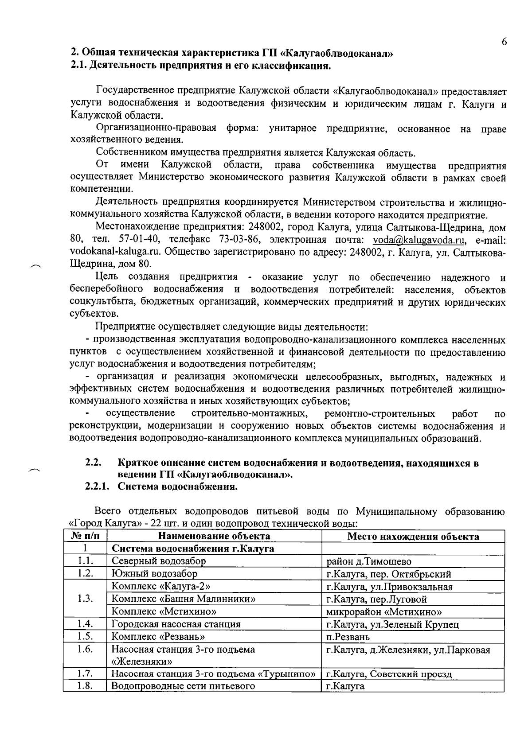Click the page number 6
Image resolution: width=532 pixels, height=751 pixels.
tap(504, 42)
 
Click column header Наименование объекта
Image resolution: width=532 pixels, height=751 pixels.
tap(214, 537)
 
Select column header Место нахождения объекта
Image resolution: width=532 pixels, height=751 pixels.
tap(413, 537)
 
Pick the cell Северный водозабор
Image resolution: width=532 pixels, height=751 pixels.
tap(159, 561)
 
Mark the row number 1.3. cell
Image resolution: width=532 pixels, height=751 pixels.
tap(85, 599)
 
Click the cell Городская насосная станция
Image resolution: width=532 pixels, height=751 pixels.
tap(176, 624)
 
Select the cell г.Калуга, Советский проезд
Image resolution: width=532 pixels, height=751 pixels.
tap(389, 674)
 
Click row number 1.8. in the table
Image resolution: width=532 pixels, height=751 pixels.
tap(85, 686)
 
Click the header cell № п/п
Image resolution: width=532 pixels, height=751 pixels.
tap(85, 537)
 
